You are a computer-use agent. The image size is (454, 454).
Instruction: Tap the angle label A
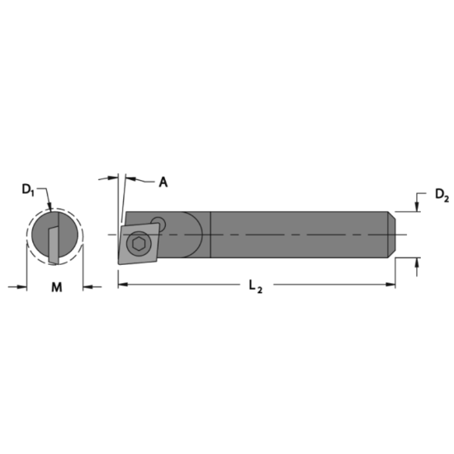163,182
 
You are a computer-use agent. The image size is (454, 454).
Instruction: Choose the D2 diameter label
442,196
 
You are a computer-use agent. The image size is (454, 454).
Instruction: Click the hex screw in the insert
137,244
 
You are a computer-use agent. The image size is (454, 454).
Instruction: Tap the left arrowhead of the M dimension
22,286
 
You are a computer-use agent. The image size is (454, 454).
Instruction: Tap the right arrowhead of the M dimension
87,286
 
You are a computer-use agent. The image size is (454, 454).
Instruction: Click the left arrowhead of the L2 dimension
122,285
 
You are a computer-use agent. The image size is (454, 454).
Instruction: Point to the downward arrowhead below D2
417,207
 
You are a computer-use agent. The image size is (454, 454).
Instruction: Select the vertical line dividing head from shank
212,235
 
